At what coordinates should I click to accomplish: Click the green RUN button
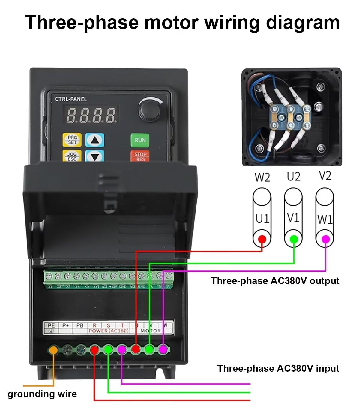coord(140,140)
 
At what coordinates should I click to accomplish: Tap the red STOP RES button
coord(140,156)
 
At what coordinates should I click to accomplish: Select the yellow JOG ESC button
coord(72,156)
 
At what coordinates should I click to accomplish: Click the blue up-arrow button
coord(95,140)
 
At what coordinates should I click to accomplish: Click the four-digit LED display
coord(91,115)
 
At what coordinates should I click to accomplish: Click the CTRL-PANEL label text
coord(71,99)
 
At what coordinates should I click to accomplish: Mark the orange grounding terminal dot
coord(54,350)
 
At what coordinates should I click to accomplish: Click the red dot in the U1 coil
coord(262,239)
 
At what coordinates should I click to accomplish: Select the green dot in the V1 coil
coord(294,239)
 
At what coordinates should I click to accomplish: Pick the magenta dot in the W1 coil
coord(325,239)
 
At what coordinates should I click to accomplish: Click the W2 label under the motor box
coord(262,177)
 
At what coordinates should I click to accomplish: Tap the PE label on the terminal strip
coord(51,325)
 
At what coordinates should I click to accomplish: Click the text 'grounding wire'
coord(42,394)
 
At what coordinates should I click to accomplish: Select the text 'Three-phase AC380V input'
coord(278,368)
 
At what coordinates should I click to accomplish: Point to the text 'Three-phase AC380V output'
coord(275,281)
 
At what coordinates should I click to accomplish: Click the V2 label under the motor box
coord(325,176)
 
